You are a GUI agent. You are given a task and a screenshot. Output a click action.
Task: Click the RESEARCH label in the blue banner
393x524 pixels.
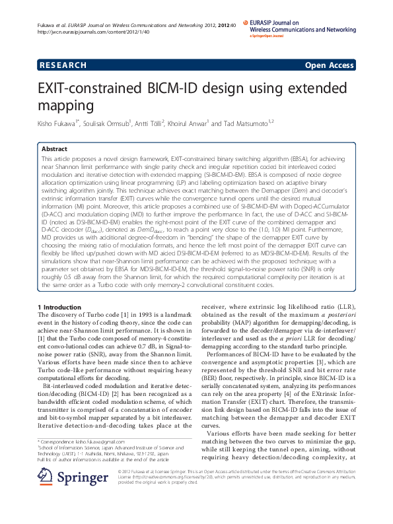click(x=63, y=65)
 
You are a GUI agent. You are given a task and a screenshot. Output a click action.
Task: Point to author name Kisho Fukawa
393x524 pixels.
click(x=57, y=122)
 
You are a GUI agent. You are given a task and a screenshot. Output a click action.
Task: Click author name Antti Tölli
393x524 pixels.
click(x=153, y=122)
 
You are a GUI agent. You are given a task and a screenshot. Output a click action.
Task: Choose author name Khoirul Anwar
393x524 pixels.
click(x=190, y=122)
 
